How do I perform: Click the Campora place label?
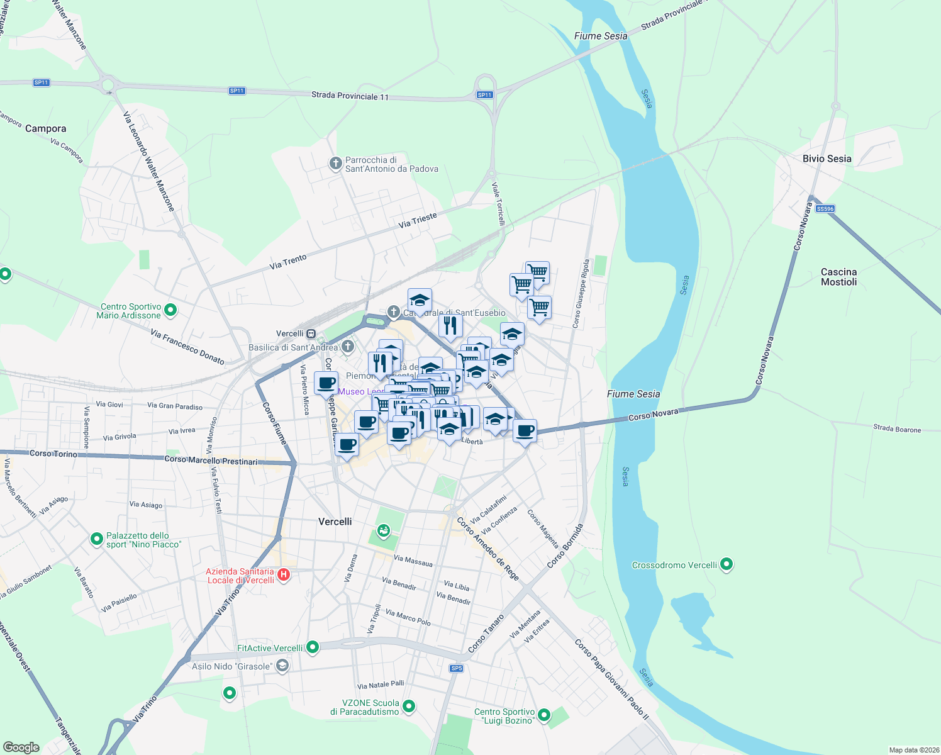coord(45,128)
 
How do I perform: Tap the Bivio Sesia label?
coord(827,159)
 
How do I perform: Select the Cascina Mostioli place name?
coord(838,277)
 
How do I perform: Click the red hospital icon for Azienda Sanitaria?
coord(284,574)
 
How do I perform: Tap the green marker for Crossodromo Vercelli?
coord(727,564)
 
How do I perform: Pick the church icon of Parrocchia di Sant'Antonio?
coord(335,164)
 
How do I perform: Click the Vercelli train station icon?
coord(311,333)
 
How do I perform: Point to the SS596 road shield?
coord(825,209)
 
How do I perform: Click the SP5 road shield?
coord(456,668)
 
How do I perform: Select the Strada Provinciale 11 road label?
coord(350,96)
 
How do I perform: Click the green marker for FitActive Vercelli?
coord(313,647)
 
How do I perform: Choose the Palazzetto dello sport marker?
coord(97,539)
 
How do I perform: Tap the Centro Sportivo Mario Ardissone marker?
coord(170,310)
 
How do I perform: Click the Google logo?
coord(21,747)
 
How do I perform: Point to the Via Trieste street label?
coord(418,220)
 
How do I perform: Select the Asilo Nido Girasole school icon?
coord(282,666)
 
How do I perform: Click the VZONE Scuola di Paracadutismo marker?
coord(409,707)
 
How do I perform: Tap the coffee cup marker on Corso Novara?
coord(525,432)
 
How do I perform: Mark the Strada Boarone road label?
coord(896,429)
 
